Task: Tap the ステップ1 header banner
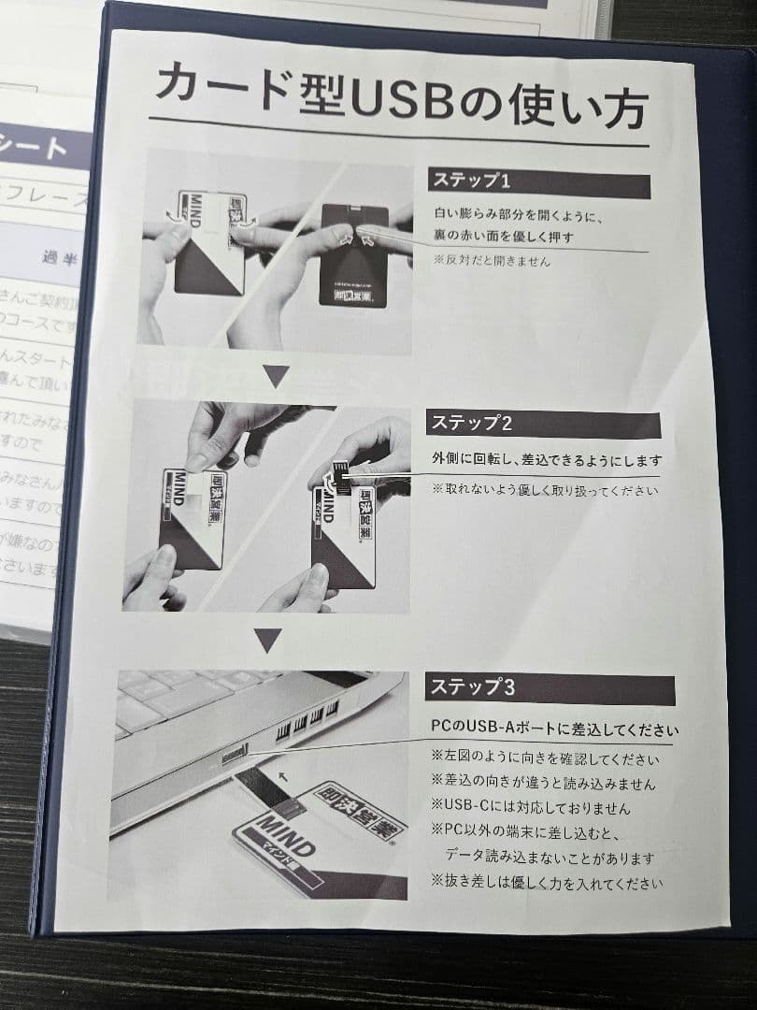pos(537,182)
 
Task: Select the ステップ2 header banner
pos(542,424)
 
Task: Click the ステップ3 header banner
pos(550,689)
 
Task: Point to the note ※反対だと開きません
pos(492,261)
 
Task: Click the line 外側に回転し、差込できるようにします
pos(546,461)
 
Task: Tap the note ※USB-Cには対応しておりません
pos(530,807)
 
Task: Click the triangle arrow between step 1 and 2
pos(276,377)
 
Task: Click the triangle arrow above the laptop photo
pos(268,641)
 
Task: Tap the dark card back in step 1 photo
pos(354,253)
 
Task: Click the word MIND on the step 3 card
pos(281,834)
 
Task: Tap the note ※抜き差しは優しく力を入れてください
pos(547,882)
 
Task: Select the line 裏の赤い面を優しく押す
pos(503,238)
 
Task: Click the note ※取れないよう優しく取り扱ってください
pos(545,489)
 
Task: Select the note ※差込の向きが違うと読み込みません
pos(543,784)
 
